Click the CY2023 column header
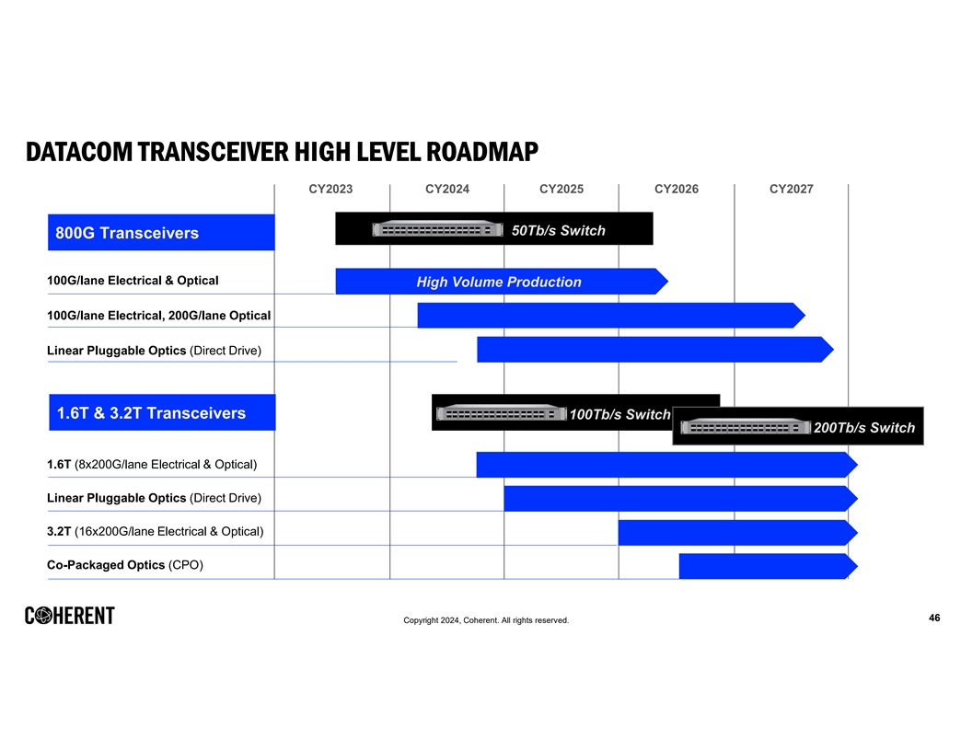click(x=330, y=190)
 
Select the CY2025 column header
click(x=561, y=190)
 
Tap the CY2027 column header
click(x=791, y=190)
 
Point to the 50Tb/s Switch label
click(x=558, y=230)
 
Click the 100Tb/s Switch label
click(x=619, y=414)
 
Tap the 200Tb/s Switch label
click(x=863, y=427)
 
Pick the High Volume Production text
click(x=499, y=282)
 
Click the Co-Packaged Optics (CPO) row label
click(x=125, y=565)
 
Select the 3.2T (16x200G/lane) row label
click(x=155, y=531)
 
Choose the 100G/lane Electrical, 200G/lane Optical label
click(x=158, y=316)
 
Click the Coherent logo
click(x=70, y=616)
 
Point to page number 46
click(x=934, y=618)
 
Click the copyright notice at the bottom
click(x=486, y=620)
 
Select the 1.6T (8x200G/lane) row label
click(x=152, y=464)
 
